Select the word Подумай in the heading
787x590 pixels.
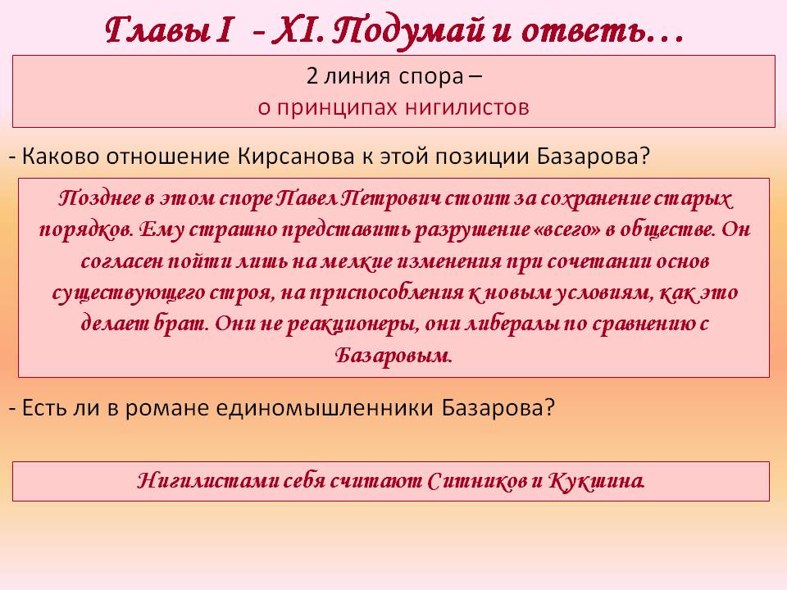[x=408, y=32]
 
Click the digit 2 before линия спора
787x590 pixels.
[x=312, y=76]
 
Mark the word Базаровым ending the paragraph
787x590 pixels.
[x=393, y=355]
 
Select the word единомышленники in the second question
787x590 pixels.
[x=325, y=408]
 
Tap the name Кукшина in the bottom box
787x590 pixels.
[x=596, y=481]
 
